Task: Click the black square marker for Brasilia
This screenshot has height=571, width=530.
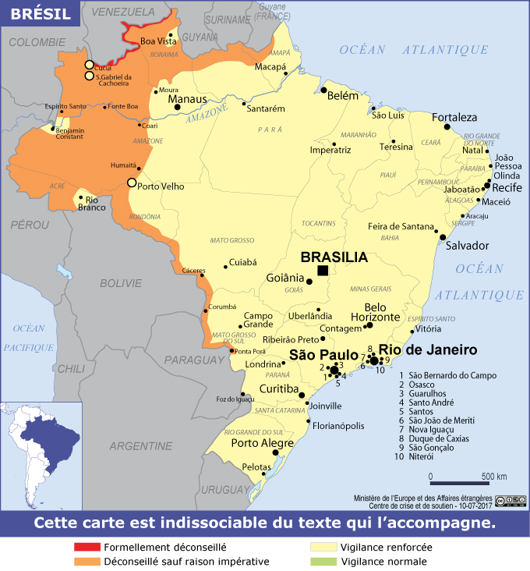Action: (323, 271)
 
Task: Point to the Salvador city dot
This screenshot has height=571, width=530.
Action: (443, 236)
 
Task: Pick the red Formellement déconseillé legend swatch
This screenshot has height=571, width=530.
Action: (87, 548)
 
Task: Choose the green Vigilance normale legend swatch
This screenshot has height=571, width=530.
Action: (324, 562)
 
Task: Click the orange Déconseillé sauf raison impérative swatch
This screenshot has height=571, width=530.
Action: (87, 562)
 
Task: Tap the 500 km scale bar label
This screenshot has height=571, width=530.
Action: (493, 477)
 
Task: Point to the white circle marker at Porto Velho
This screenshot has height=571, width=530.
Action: (131, 183)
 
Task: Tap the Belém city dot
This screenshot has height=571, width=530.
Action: (323, 90)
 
